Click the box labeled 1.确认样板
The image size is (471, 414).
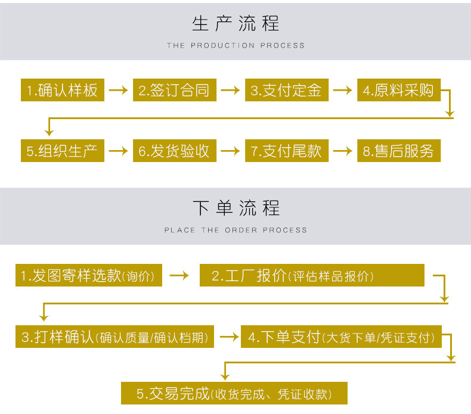pyautogui.click(x=63, y=90)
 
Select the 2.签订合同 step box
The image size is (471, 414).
pyautogui.click(x=174, y=90)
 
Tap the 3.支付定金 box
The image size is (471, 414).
pyautogui.click(x=286, y=90)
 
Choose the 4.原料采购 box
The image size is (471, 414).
pyautogui.click(x=398, y=90)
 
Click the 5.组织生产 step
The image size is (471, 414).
pyautogui.click(x=63, y=151)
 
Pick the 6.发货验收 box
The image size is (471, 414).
pyautogui.click(x=174, y=151)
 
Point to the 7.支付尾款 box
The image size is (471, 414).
pyautogui.click(x=286, y=151)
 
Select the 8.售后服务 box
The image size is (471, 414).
pyautogui.click(x=398, y=151)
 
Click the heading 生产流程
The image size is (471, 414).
pyautogui.click(x=235, y=24)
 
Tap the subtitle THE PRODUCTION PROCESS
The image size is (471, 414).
pyautogui.click(x=235, y=45)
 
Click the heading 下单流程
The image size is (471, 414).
pyautogui.click(x=235, y=208)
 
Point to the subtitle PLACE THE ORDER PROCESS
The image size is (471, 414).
pyautogui.click(x=235, y=230)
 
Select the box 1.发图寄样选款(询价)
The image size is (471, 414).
pyautogui.click(x=89, y=276)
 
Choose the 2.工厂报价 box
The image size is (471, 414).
pyautogui.click(x=312, y=276)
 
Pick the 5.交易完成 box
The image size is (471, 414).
pyautogui.click(x=234, y=394)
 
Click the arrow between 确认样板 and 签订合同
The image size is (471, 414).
pyautogui.click(x=118, y=91)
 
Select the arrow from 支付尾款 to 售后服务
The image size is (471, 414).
pyautogui.click(x=342, y=151)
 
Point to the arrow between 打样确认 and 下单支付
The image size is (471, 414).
pyautogui.click(x=228, y=337)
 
